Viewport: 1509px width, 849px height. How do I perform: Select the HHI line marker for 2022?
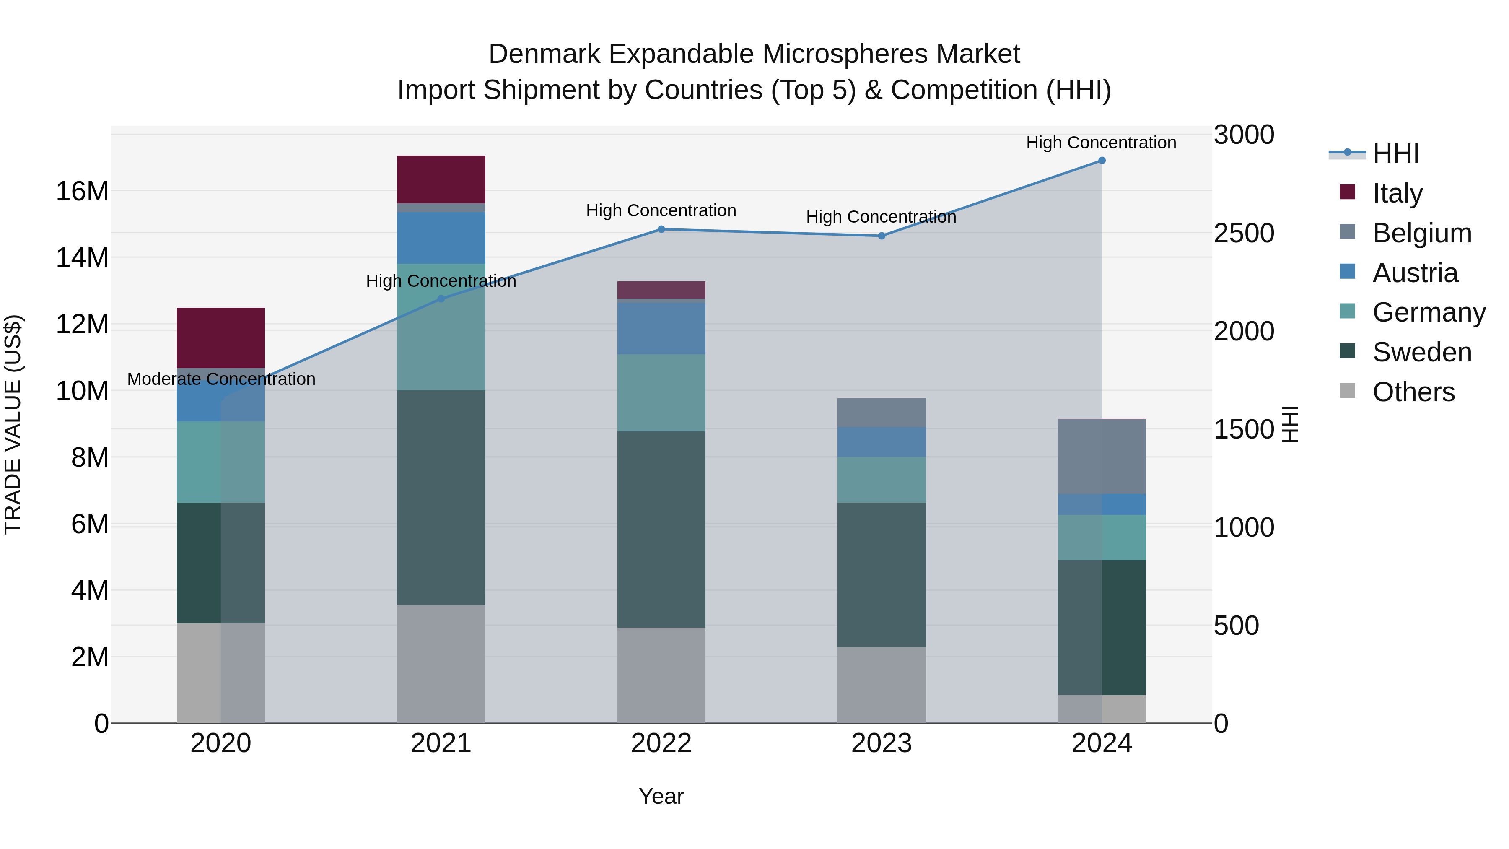(661, 229)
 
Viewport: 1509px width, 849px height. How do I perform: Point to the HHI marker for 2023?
(882, 236)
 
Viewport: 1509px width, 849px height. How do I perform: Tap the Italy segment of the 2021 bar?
(441, 179)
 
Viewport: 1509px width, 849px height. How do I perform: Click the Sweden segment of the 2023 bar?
(882, 575)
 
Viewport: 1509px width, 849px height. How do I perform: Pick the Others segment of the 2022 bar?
(661, 675)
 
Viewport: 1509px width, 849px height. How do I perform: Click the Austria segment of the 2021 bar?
(441, 238)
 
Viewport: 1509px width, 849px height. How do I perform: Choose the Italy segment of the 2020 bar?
(221, 338)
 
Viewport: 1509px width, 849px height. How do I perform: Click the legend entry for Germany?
(1428, 312)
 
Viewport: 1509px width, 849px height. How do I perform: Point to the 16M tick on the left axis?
(83, 192)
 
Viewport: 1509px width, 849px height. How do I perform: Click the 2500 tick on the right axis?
(1243, 233)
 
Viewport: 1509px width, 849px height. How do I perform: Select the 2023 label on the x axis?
(882, 743)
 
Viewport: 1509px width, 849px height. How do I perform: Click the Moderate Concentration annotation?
(221, 379)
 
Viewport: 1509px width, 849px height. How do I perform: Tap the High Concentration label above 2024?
(1101, 143)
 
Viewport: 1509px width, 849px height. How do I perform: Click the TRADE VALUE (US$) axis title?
(13, 424)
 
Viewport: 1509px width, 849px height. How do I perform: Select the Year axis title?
(661, 796)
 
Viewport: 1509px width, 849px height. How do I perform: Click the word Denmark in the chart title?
(544, 54)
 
